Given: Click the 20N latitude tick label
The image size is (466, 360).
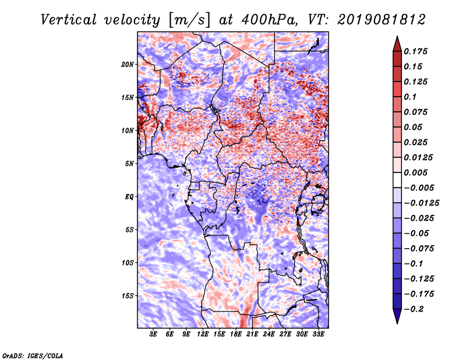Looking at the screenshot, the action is click(127, 64).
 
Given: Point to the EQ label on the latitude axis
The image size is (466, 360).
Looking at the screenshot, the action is click(129, 197).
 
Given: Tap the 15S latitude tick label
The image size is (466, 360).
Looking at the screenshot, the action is click(127, 296).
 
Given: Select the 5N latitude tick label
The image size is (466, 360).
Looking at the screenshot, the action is click(129, 164).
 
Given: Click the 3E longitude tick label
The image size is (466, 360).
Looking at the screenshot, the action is click(153, 334).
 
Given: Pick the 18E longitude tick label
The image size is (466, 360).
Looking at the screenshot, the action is click(236, 334).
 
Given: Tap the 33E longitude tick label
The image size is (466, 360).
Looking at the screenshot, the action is click(318, 334).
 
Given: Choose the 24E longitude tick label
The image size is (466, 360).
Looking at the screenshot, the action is click(269, 334).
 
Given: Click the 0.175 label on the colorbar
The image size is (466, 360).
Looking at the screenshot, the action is click(415, 51).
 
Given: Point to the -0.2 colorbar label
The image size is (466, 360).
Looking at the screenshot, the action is click(414, 309).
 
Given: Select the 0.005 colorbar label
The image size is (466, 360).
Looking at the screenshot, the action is click(415, 172).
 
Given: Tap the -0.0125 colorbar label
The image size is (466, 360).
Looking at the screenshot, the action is click(421, 203).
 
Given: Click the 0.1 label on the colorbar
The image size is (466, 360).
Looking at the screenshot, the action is click(410, 97).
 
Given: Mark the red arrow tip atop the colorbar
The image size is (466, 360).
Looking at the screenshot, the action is click(397, 37).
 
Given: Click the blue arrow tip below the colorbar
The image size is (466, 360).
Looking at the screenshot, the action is click(397, 323).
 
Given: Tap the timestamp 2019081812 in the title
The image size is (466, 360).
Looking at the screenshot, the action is click(382, 20).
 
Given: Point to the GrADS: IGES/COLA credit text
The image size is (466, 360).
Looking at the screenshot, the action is click(33, 355).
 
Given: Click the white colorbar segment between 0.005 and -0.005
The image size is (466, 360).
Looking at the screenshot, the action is click(397, 180).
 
